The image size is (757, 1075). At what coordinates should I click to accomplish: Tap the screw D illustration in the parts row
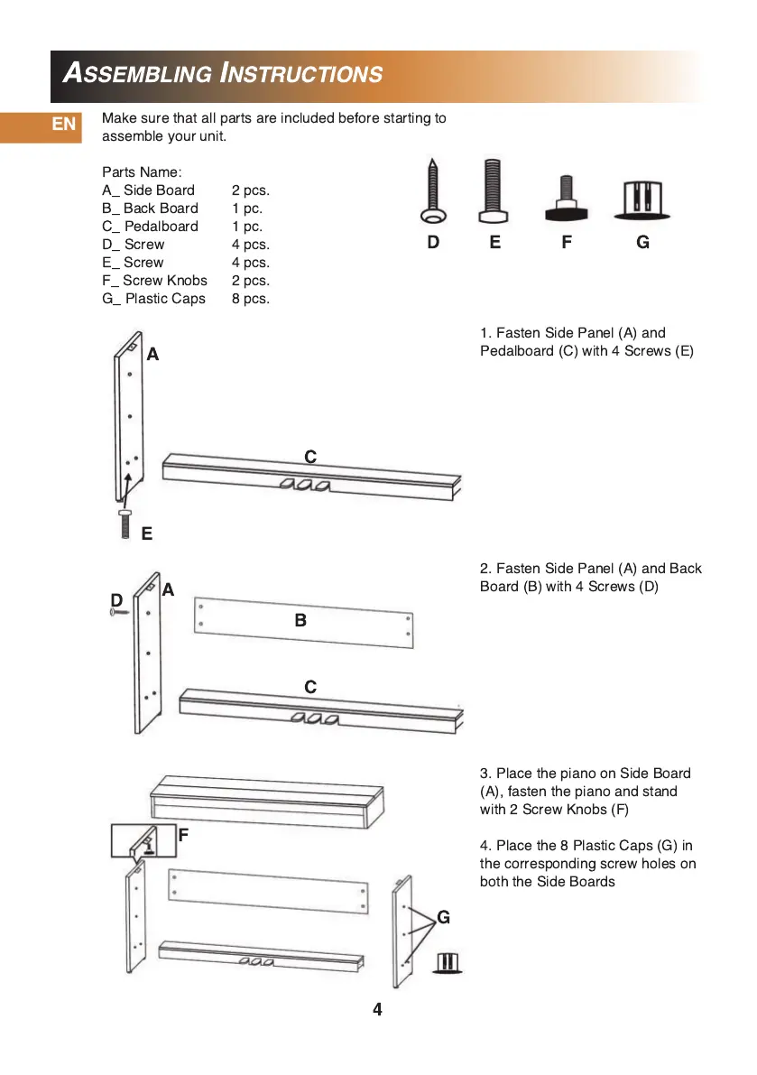pyautogui.click(x=431, y=191)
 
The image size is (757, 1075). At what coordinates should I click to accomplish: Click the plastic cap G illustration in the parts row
pyautogui.click(x=643, y=200)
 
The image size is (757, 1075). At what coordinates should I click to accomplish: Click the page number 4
pyautogui.click(x=377, y=1009)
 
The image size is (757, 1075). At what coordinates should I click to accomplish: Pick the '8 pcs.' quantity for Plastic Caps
pyautogui.click(x=250, y=299)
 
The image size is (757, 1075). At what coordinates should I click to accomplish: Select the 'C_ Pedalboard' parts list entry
pyautogui.click(x=150, y=227)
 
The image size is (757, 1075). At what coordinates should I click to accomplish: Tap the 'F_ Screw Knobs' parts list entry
pyautogui.click(x=154, y=281)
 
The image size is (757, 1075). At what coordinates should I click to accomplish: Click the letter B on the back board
pyautogui.click(x=300, y=620)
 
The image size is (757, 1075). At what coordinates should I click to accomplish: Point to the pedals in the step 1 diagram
pyautogui.click(x=304, y=486)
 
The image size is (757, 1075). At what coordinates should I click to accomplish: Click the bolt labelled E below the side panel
pyautogui.click(x=125, y=523)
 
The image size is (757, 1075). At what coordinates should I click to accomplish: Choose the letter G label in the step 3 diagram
pyautogui.click(x=443, y=917)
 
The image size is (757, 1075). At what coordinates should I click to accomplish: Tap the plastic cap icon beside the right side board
pyautogui.click(x=448, y=962)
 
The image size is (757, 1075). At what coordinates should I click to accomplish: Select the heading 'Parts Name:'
pyautogui.click(x=142, y=172)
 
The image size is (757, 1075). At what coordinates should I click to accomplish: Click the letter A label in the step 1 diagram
pyautogui.click(x=152, y=355)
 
